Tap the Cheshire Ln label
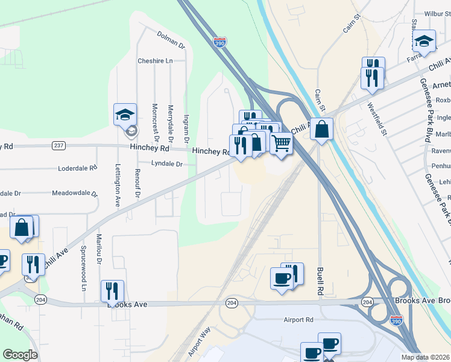[155, 61]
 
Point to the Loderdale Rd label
[78, 168]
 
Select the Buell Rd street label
[320, 281]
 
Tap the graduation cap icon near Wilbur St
[424, 40]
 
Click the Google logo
[20, 355]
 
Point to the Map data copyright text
[425, 357]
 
